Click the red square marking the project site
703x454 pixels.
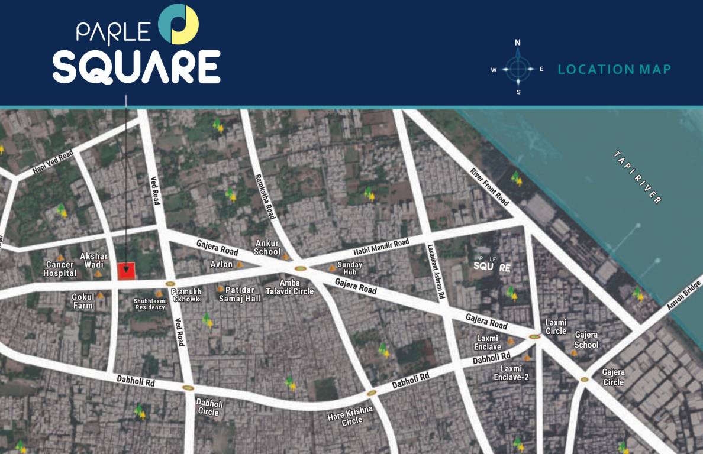pyautogui.click(x=126, y=271)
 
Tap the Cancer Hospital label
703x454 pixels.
pyautogui.click(x=60, y=269)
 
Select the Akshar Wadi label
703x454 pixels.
pyautogui.click(x=95, y=261)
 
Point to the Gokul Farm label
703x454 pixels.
pyautogui.click(x=83, y=301)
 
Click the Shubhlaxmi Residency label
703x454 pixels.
pyautogui.click(x=150, y=304)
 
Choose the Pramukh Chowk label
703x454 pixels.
pyautogui.click(x=186, y=296)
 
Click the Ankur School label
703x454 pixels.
pyautogui.click(x=267, y=248)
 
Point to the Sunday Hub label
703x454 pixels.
pyautogui.click(x=350, y=268)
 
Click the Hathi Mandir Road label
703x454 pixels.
pyautogui.click(x=381, y=248)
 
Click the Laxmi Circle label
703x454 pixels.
pyautogui.click(x=556, y=327)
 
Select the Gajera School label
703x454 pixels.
pyautogui.click(x=586, y=340)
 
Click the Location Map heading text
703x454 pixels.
pyautogui.click(x=614, y=70)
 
